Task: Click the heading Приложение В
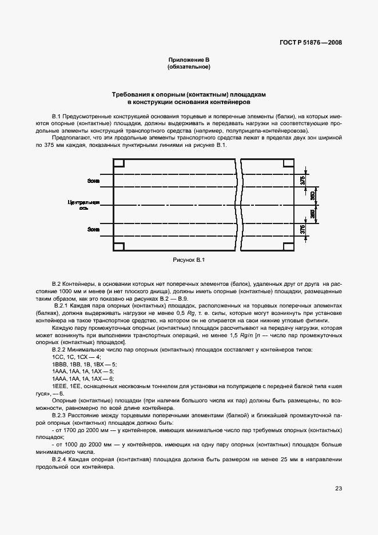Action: pos(189,60)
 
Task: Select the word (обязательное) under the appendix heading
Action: pos(189,67)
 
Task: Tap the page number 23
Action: pos(339,488)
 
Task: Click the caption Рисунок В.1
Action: pos(189,260)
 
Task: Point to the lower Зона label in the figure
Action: pos(93,230)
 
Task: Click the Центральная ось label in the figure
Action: pos(85,205)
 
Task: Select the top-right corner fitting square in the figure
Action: pos(289,163)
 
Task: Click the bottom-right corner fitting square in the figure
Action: pos(289,247)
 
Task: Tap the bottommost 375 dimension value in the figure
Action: pos(303,230)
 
